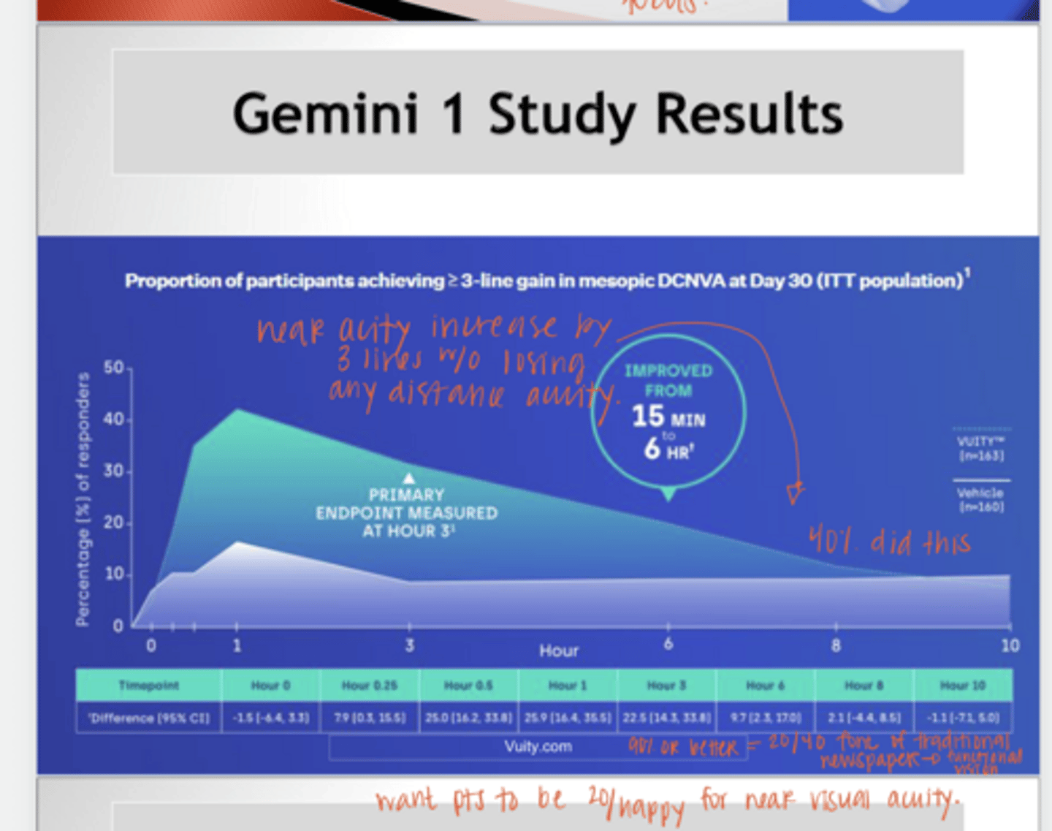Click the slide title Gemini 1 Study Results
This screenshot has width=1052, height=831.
pyautogui.click(x=538, y=114)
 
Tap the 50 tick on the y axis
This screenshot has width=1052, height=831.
pyautogui.click(x=113, y=367)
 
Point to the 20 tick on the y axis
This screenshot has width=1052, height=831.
pyautogui.click(x=113, y=523)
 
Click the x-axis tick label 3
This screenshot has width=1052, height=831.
pyautogui.click(x=409, y=645)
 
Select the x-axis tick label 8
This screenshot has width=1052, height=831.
pyautogui.click(x=836, y=645)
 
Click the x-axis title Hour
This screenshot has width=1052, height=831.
pyautogui.click(x=559, y=650)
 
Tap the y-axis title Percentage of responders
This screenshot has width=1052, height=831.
pyautogui.click(x=83, y=498)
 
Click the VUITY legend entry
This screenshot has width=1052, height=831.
pyautogui.click(x=981, y=448)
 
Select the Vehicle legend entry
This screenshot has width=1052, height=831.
pyautogui.click(x=981, y=499)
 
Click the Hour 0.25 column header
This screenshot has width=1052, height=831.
pyautogui.click(x=370, y=686)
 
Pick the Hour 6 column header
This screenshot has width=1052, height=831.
pyautogui.click(x=765, y=686)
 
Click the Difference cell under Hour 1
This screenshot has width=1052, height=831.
pyautogui.click(x=568, y=718)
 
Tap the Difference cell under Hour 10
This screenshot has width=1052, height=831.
pyautogui.click(x=962, y=718)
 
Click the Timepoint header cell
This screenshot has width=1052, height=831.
pyautogui.click(x=148, y=686)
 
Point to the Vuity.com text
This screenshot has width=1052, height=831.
pyautogui.click(x=538, y=747)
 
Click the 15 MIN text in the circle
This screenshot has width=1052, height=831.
pyautogui.click(x=668, y=417)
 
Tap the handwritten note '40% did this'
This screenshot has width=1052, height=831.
pyautogui.click(x=889, y=542)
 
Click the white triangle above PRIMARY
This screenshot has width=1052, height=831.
pyautogui.click(x=409, y=478)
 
